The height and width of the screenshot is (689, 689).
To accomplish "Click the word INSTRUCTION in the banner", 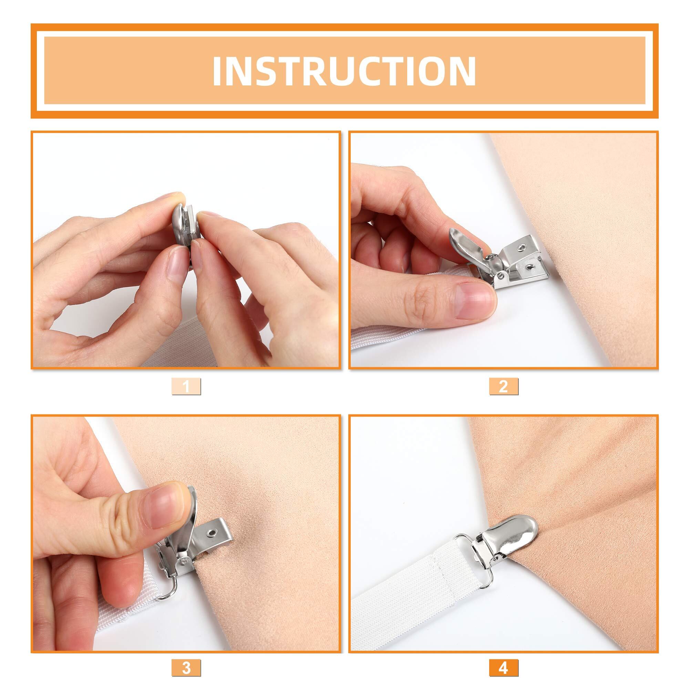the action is pyautogui.click(x=344, y=71).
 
